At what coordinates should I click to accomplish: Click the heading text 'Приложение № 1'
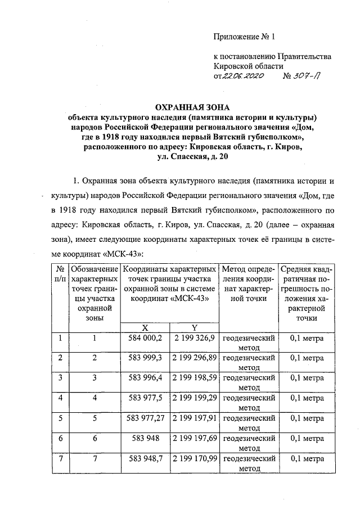pyautogui.click(x=246, y=38)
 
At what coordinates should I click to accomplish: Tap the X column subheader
pyautogui.click(x=145, y=327)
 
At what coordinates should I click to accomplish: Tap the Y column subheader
pyautogui.click(x=194, y=327)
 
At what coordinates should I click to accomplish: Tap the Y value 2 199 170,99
pyautogui.click(x=194, y=458)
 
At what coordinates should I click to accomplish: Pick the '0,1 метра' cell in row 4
pyautogui.click(x=307, y=398)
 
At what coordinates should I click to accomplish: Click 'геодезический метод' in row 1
pyautogui.click(x=249, y=343)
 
